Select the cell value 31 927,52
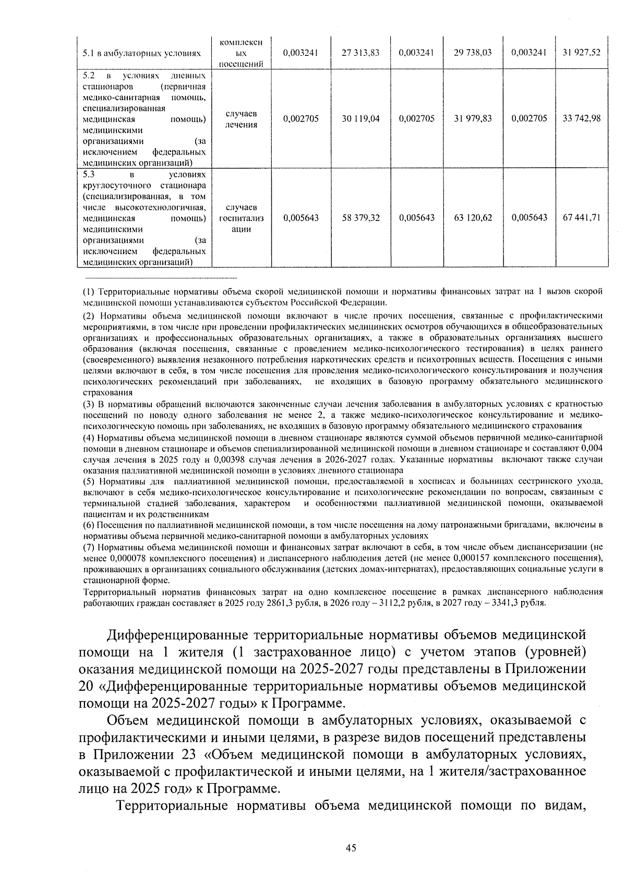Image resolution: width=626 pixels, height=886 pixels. tap(582, 53)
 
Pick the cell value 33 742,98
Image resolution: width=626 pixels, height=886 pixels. tap(582, 119)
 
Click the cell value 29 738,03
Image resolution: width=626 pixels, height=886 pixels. tap(473, 53)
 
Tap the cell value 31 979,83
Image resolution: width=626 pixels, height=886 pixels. tap(473, 119)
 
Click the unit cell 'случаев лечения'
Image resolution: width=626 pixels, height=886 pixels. tap(241, 119)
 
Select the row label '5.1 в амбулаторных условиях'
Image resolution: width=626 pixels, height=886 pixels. tap(142, 53)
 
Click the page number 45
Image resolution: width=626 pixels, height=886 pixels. tap(351, 848)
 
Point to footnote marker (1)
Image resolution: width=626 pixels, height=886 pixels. tap(89, 291)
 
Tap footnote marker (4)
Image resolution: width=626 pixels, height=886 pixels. tap(89, 437)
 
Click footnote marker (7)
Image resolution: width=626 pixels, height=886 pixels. tap(89, 547)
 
